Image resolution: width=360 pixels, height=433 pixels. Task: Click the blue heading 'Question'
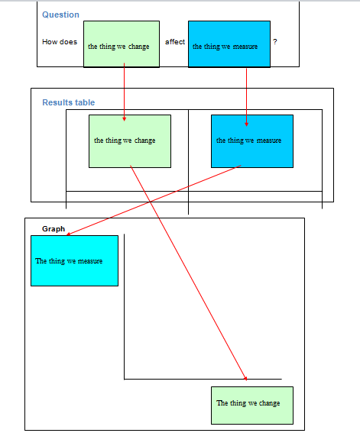pos(60,15)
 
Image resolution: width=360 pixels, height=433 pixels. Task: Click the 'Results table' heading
pos(69,102)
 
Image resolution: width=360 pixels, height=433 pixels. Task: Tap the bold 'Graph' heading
pos(54,229)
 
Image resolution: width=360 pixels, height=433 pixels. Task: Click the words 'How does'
pos(60,42)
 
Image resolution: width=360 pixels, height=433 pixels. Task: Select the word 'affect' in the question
pos(175,42)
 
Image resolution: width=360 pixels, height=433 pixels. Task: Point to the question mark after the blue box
pos(275,42)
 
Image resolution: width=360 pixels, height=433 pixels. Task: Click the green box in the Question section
pos(122,44)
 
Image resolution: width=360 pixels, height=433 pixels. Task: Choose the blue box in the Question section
pos(229,44)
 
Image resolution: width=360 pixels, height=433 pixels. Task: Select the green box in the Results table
pos(130,141)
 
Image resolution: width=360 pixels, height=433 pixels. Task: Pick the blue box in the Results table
pos(252,141)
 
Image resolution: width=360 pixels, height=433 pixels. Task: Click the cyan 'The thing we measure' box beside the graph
pos(75,260)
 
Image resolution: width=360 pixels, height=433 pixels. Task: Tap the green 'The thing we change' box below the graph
pos(252,406)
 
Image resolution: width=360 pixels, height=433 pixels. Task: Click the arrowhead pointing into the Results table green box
pos(125,119)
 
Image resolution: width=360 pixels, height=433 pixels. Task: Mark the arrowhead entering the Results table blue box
pos(246,124)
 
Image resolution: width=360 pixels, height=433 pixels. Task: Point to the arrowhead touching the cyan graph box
pos(69,234)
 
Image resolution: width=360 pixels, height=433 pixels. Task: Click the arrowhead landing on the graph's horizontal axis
pos(245,378)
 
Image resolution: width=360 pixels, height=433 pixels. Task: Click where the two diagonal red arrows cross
pos(151,202)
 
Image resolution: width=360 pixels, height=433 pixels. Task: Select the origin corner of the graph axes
pos(125,379)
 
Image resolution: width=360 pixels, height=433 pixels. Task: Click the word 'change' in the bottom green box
pos(269,403)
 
